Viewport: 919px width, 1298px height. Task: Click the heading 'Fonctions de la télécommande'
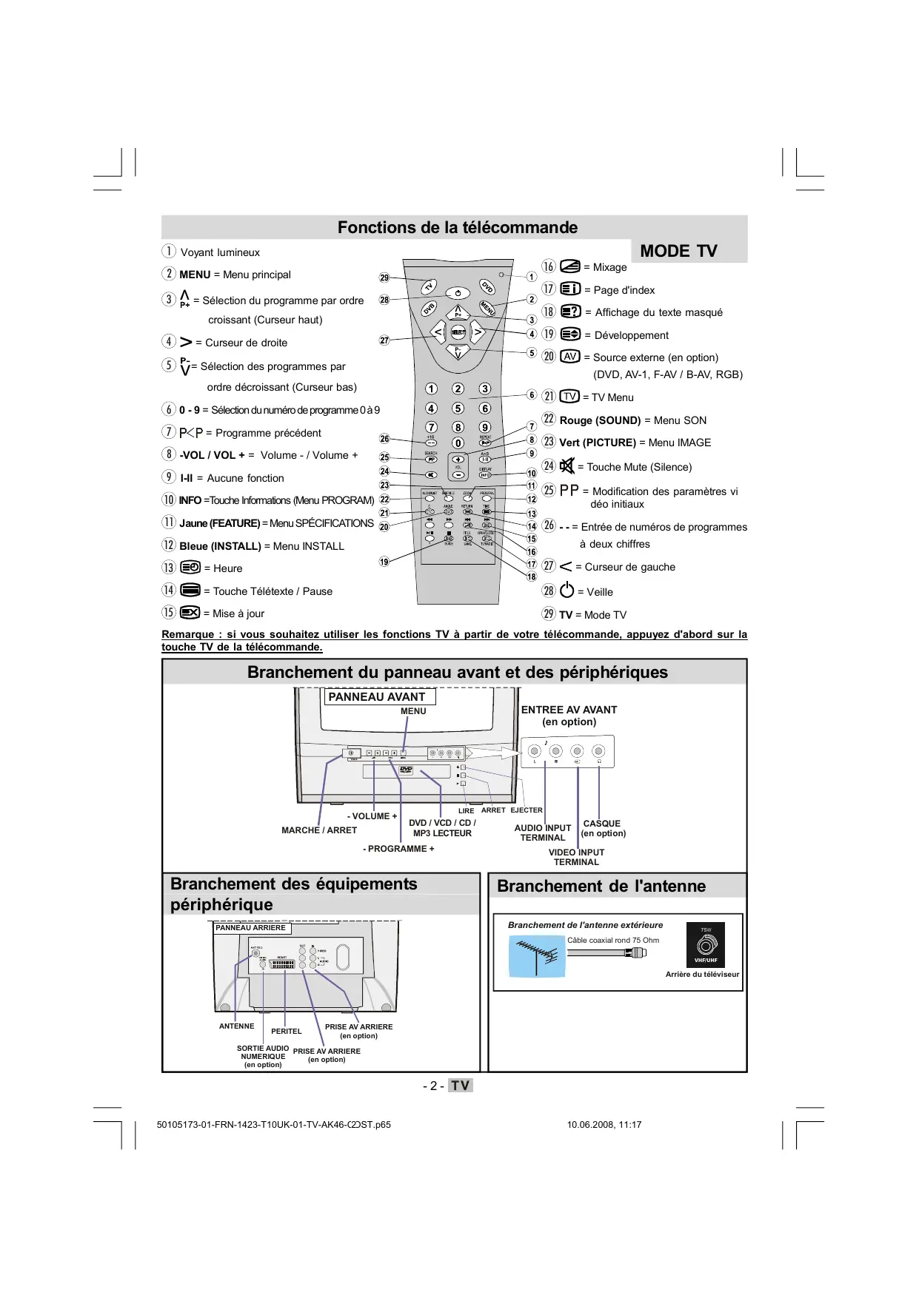pyautogui.click(x=457, y=227)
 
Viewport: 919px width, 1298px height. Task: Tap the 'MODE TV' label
pyautogui.click(x=678, y=251)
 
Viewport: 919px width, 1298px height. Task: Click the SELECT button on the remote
pyautogui.click(x=458, y=332)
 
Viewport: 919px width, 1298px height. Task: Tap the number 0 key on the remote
pyautogui.click(x=458, y=443)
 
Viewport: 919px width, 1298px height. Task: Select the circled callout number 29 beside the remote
pyautogui.click(x=384, y=278)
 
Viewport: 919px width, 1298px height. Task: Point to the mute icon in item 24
pyautogui.click(x=567, y=466)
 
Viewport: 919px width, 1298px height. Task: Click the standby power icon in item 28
pyautogui.click(x=567, y=591)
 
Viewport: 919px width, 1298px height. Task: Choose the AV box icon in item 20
pyautogui.click(x=569, y=357)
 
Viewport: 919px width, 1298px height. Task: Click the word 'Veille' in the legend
pyautogui.click(x=600, y=592)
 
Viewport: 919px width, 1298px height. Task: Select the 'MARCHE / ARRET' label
pyautogui.click(x=319, y=830)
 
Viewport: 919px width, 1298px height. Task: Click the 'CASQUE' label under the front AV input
pyautogui.click(x=602, y=824)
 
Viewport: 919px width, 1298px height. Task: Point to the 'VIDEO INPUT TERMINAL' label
pyautogui.click(x=576, y=857)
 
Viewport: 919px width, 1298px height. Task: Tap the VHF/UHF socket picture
pyautogui.click(x=706, y=945)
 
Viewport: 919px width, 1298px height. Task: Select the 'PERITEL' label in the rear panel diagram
pyautogui.click(x=287, y=1031)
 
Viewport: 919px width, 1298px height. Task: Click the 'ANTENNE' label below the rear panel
pyautogui.click(x=236, y=1026)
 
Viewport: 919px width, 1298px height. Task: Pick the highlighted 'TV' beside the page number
pyautogui.click(x=461, y=1086)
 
